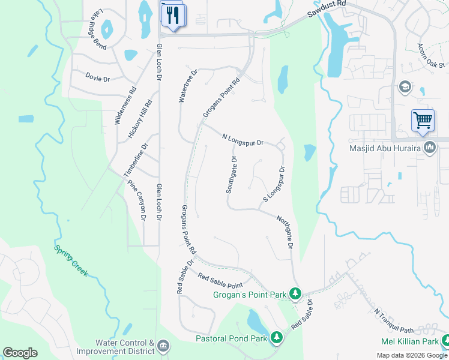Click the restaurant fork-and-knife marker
point(174,14)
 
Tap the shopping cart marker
point(423,120)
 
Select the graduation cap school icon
point(405,88)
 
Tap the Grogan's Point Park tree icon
point(295,293)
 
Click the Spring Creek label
point(71,260)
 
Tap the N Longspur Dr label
point(243,139)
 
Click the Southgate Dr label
point(232,175)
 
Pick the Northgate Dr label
point(285,233)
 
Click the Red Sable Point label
point(220,280)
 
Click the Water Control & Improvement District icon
point(164,346)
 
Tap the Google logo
point(20,353)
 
